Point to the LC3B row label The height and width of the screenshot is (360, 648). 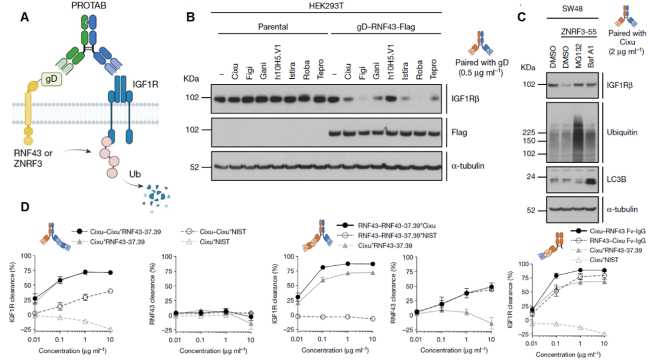pos(616,178)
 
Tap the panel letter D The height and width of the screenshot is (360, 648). pos(25,208)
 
